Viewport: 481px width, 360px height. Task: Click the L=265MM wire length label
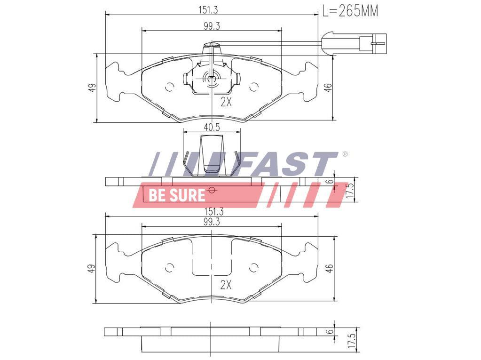(350, 11)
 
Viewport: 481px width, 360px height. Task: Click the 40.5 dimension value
(212, 128)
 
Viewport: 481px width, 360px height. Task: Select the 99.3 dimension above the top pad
(212, 26)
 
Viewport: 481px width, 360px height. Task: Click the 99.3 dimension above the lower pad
(212, 222)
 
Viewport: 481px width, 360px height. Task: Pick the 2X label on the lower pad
(226, 286)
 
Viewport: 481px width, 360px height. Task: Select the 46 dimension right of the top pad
(328, 88)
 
